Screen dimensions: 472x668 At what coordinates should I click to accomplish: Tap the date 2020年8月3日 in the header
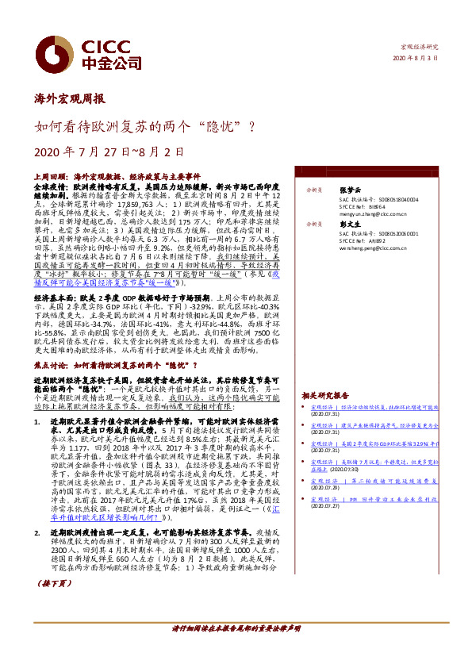(x=415, y=59)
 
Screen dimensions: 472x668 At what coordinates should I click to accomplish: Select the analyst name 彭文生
(x=350, y=225)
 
